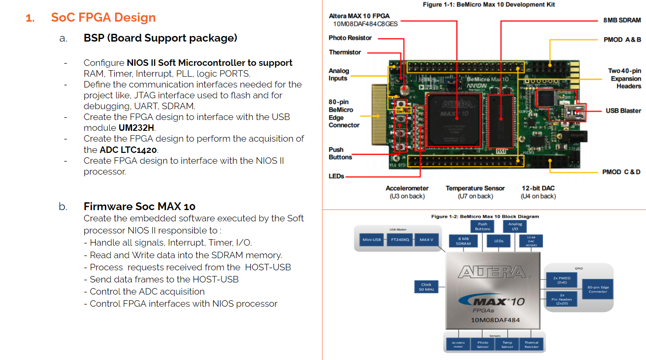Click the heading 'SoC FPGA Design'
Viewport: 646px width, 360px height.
103,17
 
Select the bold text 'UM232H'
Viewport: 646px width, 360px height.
136,128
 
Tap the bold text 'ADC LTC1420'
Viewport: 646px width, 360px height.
128,150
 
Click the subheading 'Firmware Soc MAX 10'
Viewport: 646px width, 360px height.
139,206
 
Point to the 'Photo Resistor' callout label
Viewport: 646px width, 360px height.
350,38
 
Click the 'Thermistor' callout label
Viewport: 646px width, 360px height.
344,52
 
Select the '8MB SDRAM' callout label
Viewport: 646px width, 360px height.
622,20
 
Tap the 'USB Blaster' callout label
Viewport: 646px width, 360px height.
623,111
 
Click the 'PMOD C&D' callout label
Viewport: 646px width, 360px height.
621,172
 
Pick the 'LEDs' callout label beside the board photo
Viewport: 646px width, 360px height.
336,176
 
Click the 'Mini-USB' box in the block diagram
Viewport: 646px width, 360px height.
371,240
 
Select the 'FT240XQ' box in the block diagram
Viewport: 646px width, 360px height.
400,240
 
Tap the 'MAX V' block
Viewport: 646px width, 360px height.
426,240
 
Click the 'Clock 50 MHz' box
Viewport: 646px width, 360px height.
426,287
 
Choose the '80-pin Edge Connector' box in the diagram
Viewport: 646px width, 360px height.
598,289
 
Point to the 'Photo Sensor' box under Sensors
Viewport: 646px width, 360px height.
483,344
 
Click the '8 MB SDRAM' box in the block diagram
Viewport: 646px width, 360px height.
463,241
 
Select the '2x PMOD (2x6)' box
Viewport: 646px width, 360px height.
562,280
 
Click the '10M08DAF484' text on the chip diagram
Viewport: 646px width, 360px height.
495,320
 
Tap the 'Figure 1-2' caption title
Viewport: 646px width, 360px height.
485,217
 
